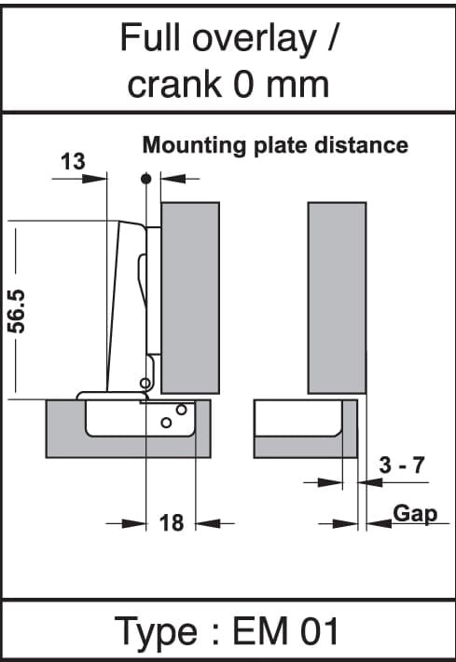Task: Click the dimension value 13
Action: coord(73,162)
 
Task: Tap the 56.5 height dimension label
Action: coord(18,311)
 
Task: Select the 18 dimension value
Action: coord(172,522)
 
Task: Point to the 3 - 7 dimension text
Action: coord(401,466)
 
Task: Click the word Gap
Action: coord(415,514)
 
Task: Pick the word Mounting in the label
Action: coord(194,145)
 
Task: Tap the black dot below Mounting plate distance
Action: coord(145,179)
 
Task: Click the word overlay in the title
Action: coord(255,39)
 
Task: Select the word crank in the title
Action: coord(173,85)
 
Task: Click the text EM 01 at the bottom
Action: coord(285,631)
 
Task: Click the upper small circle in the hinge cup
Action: coord(182,409)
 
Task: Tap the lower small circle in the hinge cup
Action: coord(166,422)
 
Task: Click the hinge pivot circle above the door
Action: coord(145,384)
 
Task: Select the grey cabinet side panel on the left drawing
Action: coord(190,298)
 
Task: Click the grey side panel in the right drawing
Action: coord(338,298)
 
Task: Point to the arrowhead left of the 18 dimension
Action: coord(133,524)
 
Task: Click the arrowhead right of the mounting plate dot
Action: coord(173,179)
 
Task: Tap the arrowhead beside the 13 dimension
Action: coord(94,179)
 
